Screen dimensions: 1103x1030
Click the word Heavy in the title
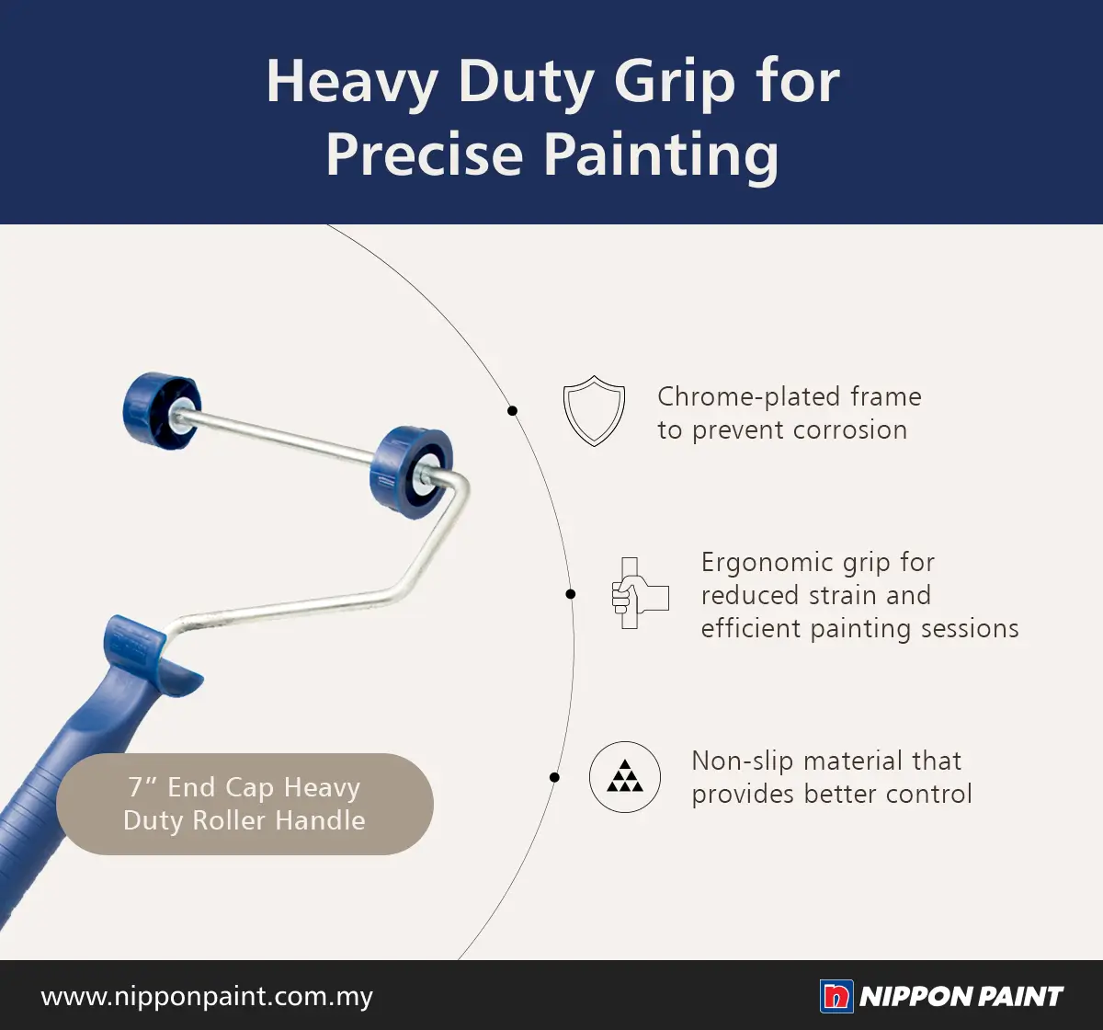pyautogui.click(x=351, y=82)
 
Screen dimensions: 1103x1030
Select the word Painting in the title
pyautogui.click(x=661, y=155)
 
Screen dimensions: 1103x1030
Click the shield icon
pyautogui.click(x=594, y=411)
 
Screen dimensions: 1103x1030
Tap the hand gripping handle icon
pyautogui.click(x=640, y=593)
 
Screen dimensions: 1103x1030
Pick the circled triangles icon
pyautogui.click(x=625, y=776)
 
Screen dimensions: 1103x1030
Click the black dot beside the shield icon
pyautogui.click(x=512, y=411)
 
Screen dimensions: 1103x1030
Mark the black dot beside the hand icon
pyautogui.click(x=570, y=594)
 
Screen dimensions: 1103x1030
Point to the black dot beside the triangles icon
pyautogui.click(x=553, y=777)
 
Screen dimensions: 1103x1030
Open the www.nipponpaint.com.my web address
pyautogui.click(x=207, y=996)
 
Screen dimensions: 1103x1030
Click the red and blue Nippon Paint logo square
pyautogui.click(x=836, y=997)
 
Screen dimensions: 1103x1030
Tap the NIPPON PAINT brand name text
pyautogui.click(x=961, y=997)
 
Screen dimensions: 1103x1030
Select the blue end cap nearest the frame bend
pyautogui.click(x=412, y=473)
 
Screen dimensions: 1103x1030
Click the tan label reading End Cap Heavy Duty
pyautogui.click(x=244, y=804)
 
